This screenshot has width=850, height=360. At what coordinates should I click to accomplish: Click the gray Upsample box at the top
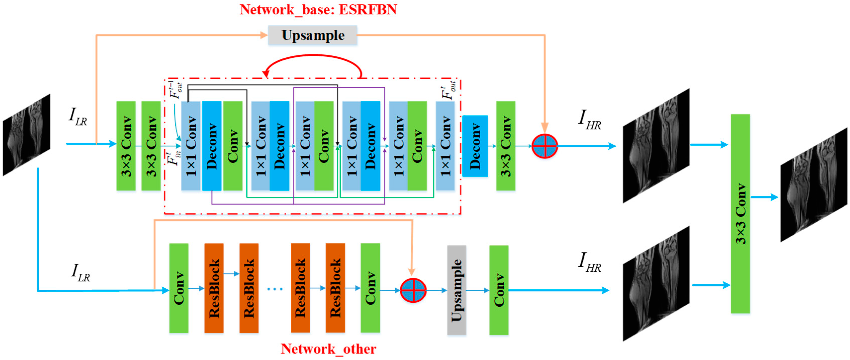312,35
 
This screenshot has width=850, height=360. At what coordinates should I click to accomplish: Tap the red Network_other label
328,349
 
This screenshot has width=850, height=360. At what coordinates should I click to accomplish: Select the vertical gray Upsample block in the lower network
456,290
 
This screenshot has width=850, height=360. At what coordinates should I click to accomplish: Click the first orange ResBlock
214,288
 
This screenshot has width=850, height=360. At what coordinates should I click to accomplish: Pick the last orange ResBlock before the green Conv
335,288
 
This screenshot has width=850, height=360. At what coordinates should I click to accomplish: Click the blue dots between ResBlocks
275,289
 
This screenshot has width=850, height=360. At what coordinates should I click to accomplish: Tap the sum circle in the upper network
544,146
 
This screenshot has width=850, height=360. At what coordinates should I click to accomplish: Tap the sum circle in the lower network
413,290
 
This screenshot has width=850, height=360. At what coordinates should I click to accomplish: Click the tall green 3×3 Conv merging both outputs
740,214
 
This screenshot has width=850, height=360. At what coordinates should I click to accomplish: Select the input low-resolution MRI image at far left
26,135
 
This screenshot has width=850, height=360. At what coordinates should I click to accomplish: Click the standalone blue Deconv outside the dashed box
475,146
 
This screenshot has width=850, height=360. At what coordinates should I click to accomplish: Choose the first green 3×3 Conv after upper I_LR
126,146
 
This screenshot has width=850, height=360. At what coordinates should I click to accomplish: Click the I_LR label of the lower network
80,273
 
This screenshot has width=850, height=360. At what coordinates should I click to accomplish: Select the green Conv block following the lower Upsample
499,290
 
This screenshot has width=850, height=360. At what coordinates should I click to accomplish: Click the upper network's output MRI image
656,146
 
